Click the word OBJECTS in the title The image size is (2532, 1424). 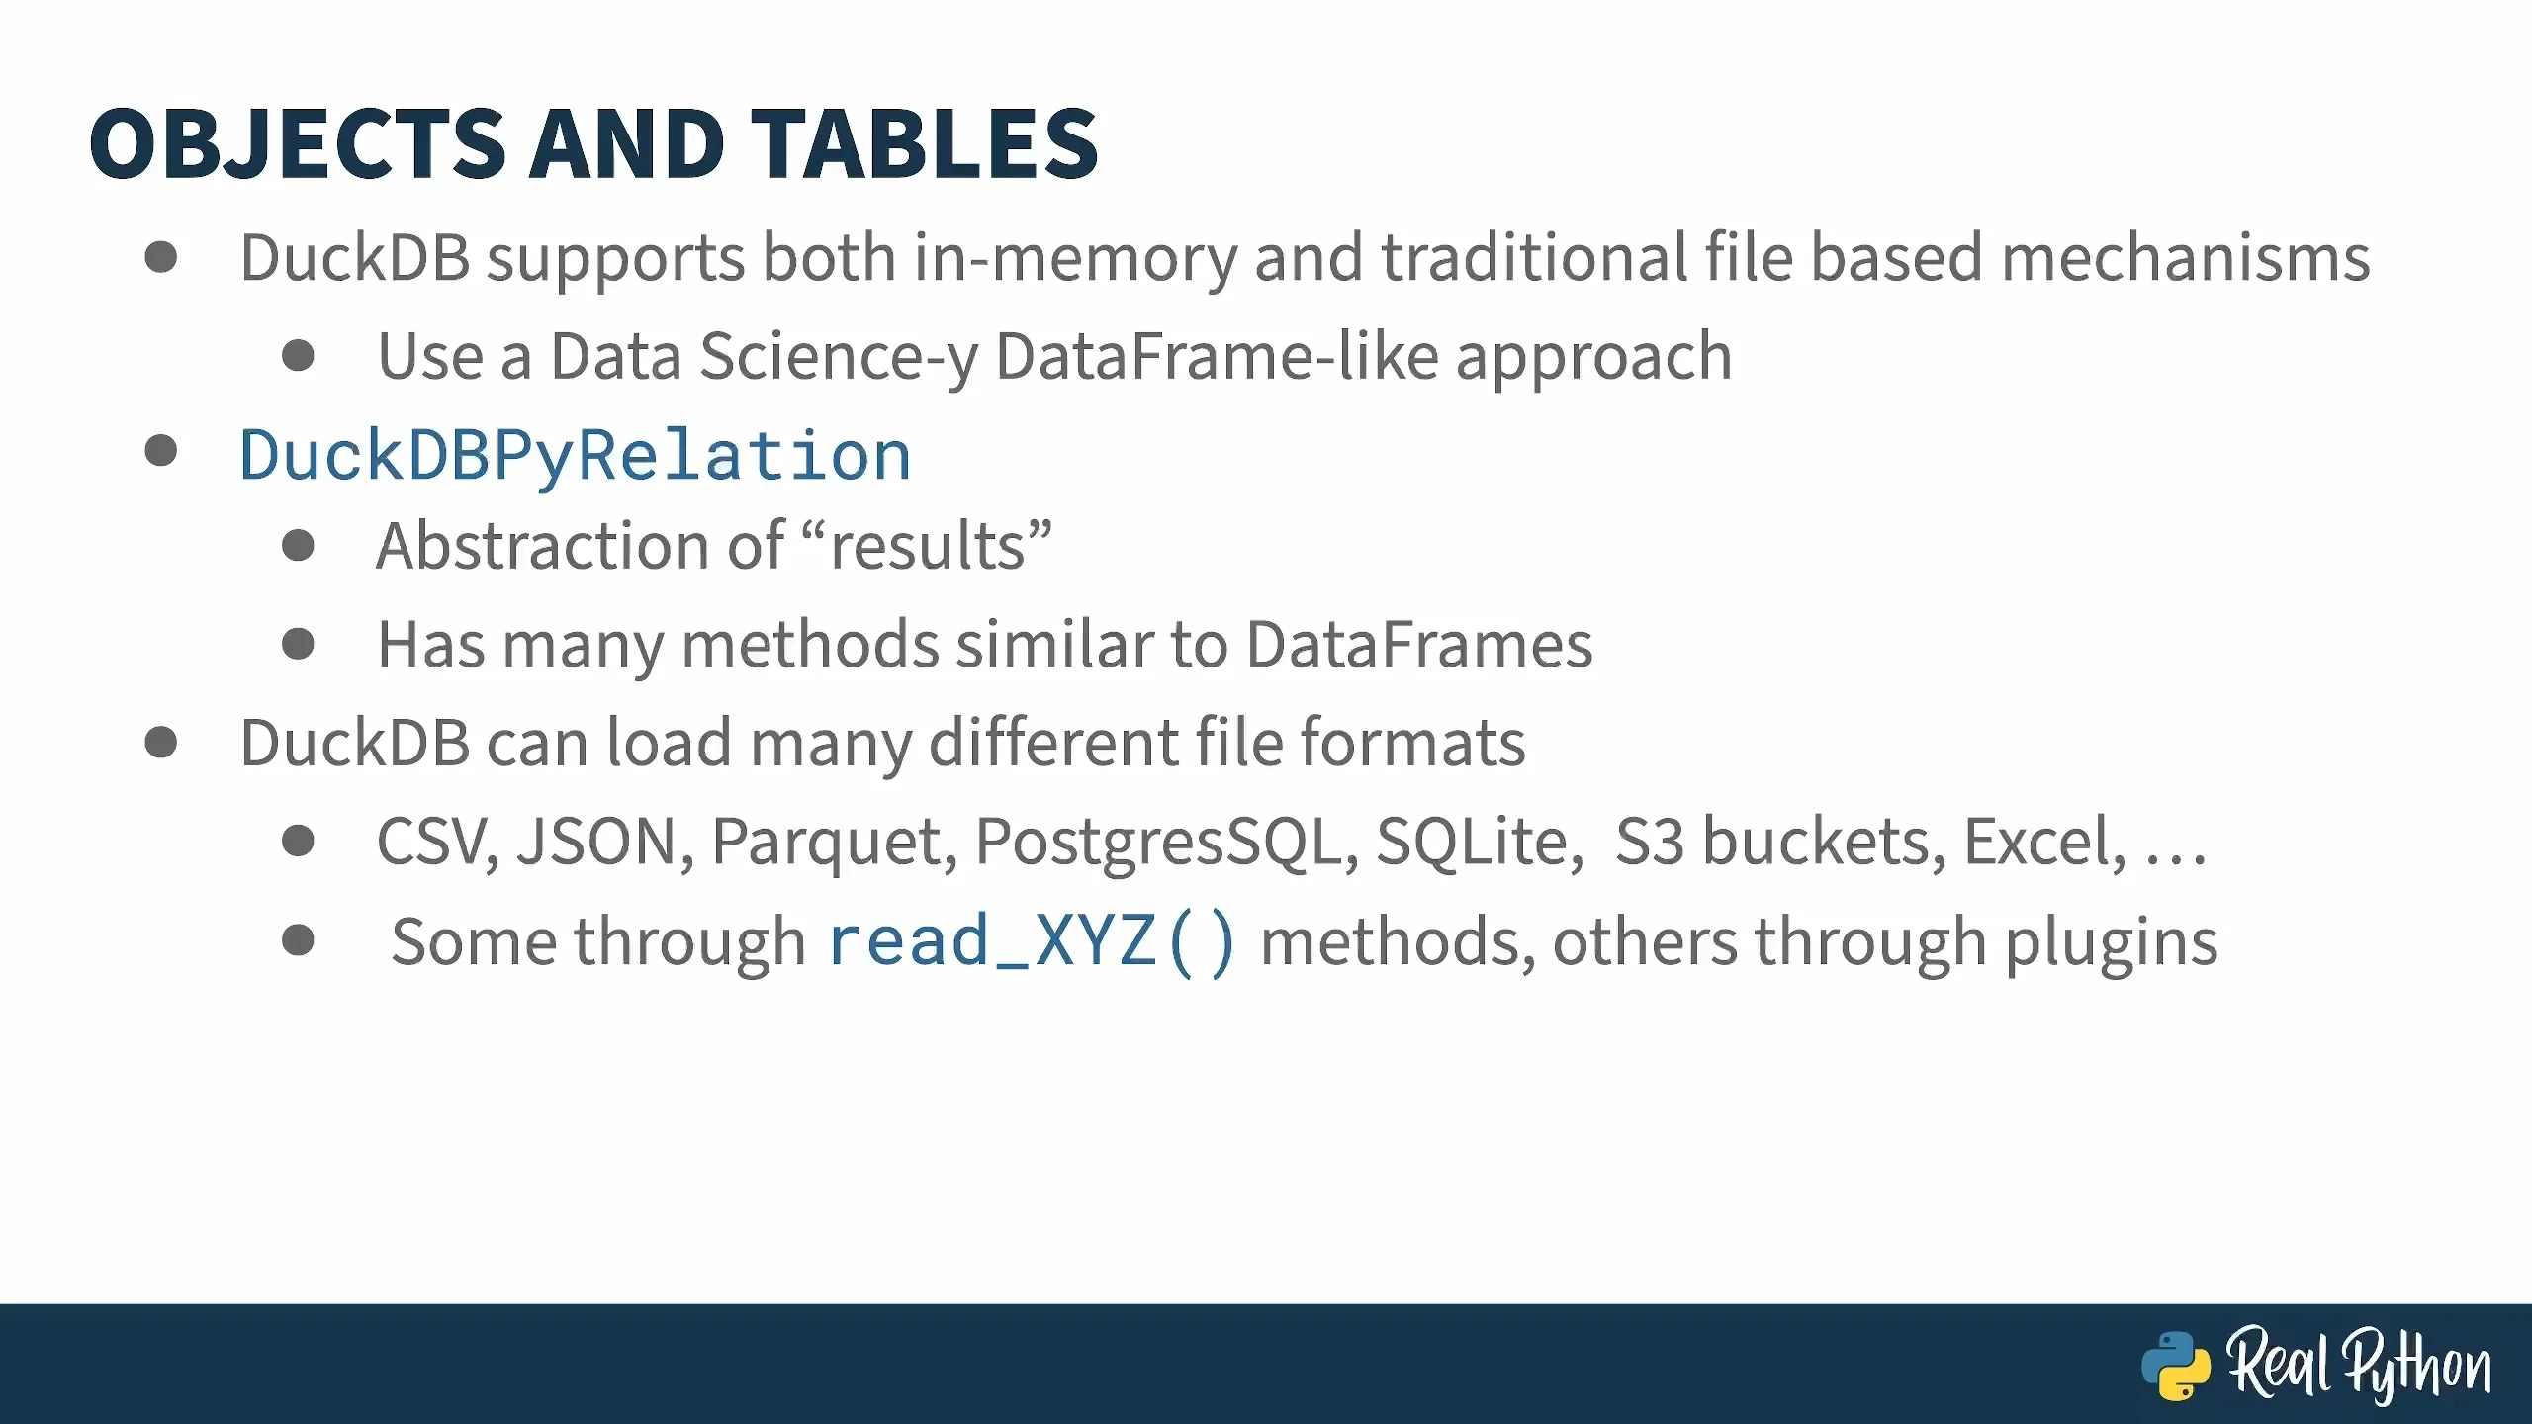coord(298,144)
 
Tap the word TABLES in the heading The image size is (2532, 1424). coord(925,144)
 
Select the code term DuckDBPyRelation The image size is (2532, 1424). coord(575,456)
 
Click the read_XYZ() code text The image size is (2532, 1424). coord(1032,940)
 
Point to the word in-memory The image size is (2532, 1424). coord(1074,258)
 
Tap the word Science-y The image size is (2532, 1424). coord(839,357)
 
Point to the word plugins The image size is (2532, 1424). coord(2112,942)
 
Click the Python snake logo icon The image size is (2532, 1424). coord(2176,1366)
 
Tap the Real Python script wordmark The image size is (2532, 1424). coord(2359,1365)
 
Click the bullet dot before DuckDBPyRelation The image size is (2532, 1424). coord(160,451)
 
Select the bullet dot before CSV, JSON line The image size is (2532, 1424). coord(298,841)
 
